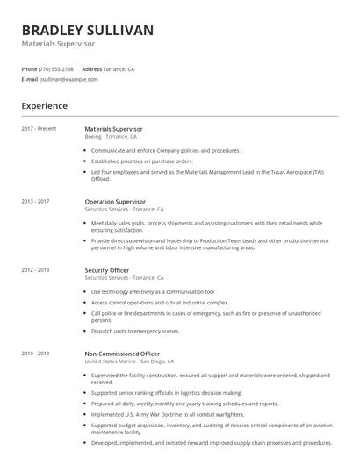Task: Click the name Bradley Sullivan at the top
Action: (88, 31)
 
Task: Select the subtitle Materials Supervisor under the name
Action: (58, 44)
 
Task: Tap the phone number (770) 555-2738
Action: (57, 68)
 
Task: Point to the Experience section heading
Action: (44, 106)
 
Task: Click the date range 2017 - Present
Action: (39, 129)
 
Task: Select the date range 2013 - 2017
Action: (36, 201)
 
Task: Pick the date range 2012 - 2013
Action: (36, 270)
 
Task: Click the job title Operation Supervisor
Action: (116, 201)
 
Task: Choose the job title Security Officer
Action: (106, 270)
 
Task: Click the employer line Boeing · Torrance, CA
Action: (111, 137)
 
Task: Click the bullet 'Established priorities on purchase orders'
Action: (141, 161)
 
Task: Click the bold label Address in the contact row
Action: (92, 68)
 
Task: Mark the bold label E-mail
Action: (30, 79)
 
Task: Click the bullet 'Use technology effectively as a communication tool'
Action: (152, 291)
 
